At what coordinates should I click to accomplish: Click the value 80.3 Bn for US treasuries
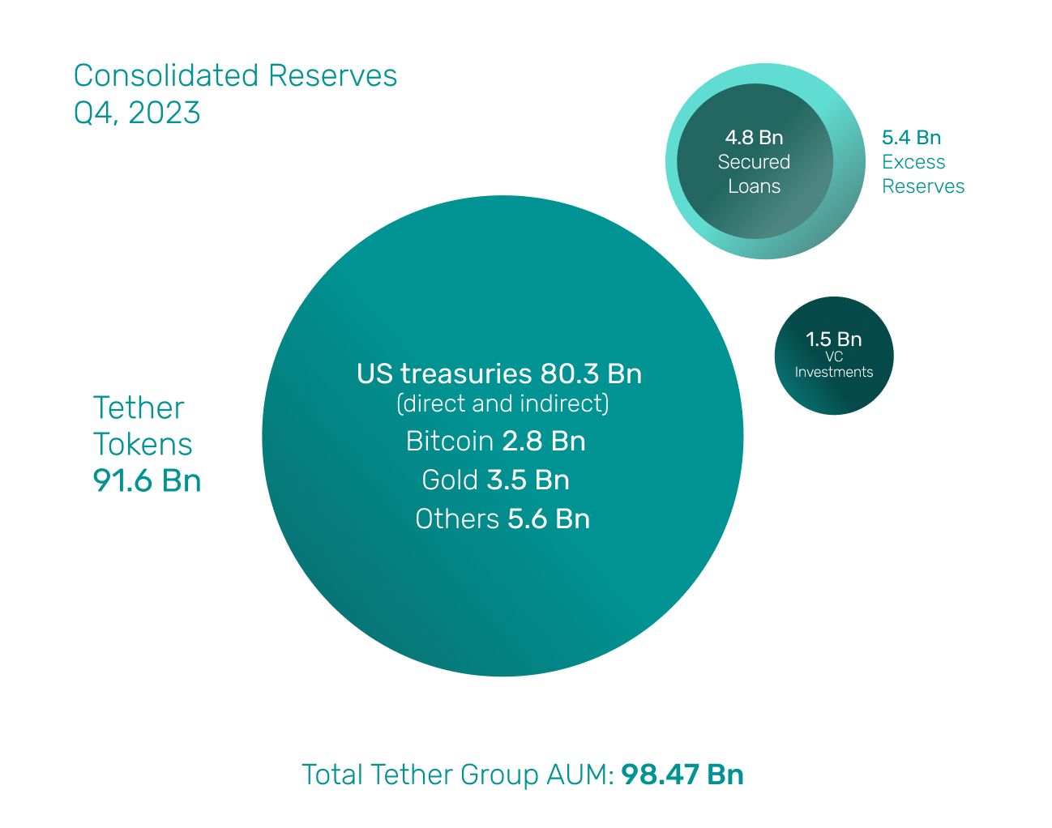pos(591,374)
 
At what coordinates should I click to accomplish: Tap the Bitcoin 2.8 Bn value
pos(543,442)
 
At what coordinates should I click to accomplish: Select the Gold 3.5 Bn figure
pos(528,480)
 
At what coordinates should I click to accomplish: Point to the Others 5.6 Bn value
pos(548,519)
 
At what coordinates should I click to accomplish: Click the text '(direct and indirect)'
pos(502,403)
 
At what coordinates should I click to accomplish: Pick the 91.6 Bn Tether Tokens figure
pos(147,481)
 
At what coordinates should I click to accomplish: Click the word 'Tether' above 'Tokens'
pos(139,408)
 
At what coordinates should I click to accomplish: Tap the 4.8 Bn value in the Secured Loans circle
pos(754,138)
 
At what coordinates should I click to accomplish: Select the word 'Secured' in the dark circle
pos(754,162)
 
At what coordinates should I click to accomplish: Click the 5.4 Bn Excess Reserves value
pos(911,138)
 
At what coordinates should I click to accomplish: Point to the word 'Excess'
pos(913,162)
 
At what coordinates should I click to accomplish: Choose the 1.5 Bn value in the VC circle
pos(833,339)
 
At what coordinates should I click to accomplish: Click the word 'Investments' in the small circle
pos(833,373)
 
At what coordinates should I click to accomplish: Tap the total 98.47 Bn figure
pos(682,775)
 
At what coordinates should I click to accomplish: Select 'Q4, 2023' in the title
pos(137,113)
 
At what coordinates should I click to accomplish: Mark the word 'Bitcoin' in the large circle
pos(449,442)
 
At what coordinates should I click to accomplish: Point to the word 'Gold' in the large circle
pos(450,480)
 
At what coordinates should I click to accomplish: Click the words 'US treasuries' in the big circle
pos(444,374)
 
